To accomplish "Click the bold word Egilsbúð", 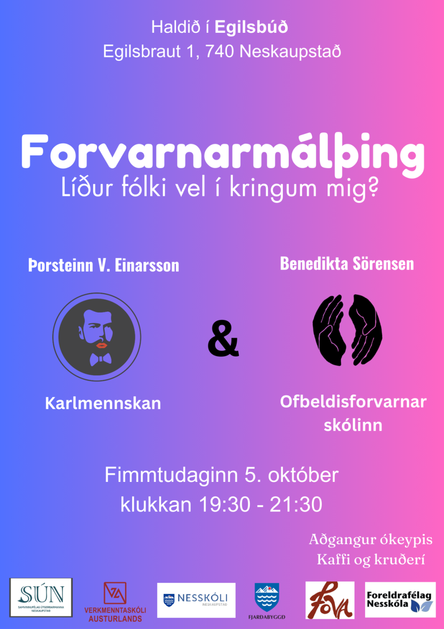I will click(x=251, y=27).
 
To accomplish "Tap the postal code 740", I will click(x=219, y=52).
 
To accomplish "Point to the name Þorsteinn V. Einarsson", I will click(x=103, y=265).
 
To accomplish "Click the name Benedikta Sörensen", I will click(x=347, y=264).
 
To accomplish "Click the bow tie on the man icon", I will click(x=100, y=359).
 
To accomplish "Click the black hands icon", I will click(x=347, y=330).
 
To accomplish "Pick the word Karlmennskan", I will click(x=103, y=403).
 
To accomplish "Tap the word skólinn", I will click(x=353, y=425).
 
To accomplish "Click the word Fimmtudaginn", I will click(x=171, y=475).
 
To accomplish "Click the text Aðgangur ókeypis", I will click(x=371, y=540).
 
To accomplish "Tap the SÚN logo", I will click(x=41, y=598).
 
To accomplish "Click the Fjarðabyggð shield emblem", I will click(x=267, y=597).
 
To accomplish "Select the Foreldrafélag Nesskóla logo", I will click(x=400, y=600).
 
